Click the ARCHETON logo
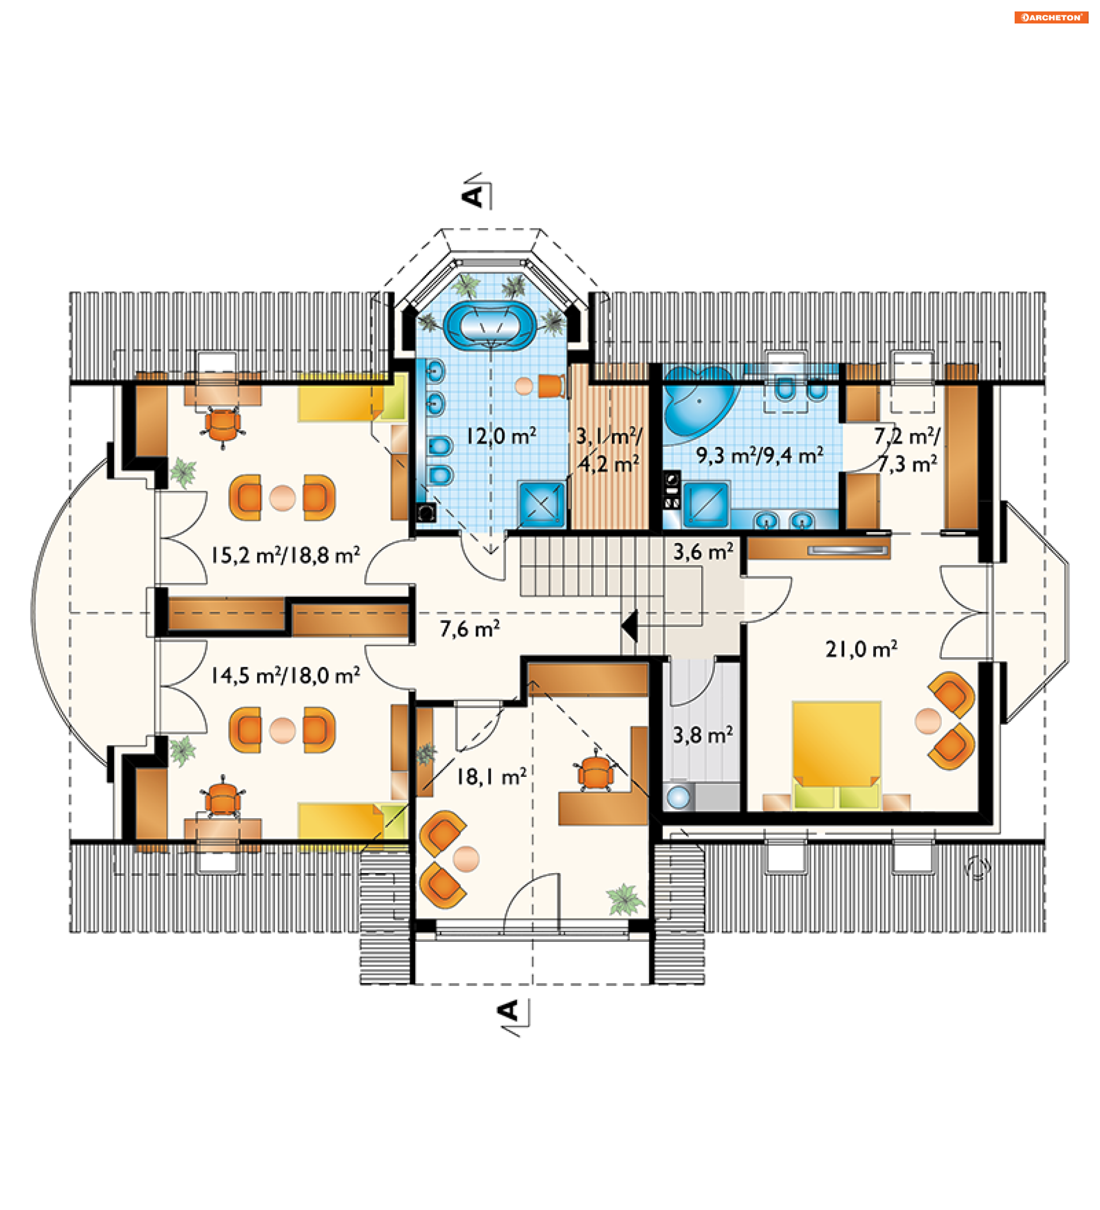pos(1051,17)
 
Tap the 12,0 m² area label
pos(501,436)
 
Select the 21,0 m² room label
pos(861,649)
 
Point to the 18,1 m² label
pos(491,777)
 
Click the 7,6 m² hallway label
pos(469,628)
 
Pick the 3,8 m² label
pos(702,734)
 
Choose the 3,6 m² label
pos(703,552)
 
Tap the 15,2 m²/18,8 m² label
pos(285,555)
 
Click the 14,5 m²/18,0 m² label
pos(285,675)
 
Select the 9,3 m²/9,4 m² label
pos(759,455)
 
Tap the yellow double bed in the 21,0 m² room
pos(836,755)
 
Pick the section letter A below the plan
pos(509,1011)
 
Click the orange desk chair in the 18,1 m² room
pos(595,773)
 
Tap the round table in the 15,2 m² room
pos(282,497)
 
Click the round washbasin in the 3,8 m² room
pos(679,797)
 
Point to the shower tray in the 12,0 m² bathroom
pos(541,504)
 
